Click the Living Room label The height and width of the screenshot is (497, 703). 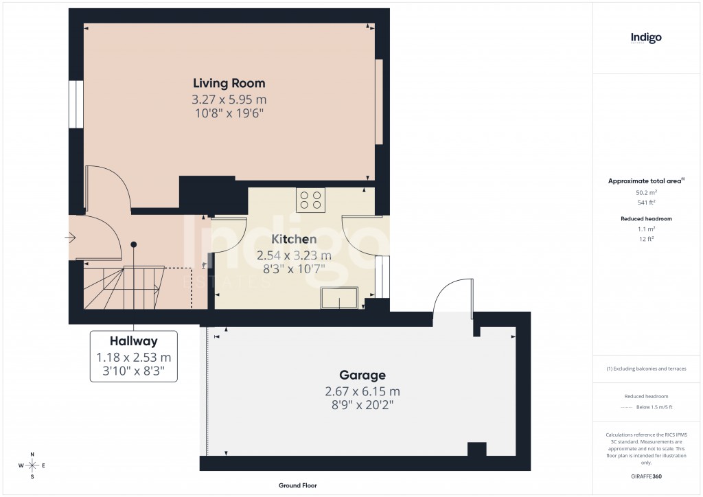(x=229, y=83)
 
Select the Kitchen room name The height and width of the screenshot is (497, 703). (x=294, y=240)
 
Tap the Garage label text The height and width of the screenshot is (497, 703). (x=362, y=375)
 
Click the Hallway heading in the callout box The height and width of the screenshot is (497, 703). (x=133, y=341)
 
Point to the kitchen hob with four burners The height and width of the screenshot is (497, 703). (x=310, y=200)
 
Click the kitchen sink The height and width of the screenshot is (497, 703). (x=339, y=298)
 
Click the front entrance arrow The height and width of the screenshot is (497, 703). (x=70, y=238)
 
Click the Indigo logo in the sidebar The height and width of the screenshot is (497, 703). (x=646, y=38)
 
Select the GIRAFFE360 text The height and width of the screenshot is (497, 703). (x=647, y=476)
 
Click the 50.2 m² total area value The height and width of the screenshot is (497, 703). (x=646, y=193)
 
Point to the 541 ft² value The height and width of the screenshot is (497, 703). (x=646, y=203)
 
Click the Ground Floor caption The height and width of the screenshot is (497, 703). (x=297, y=485)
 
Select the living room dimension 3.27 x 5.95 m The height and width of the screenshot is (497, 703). (x=229, y=100)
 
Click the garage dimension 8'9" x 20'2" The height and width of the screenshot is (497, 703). (x=362, y=405)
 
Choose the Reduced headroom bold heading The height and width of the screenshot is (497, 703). (x=646, y=218)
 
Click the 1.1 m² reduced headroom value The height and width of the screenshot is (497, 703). (x=646, y=229)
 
